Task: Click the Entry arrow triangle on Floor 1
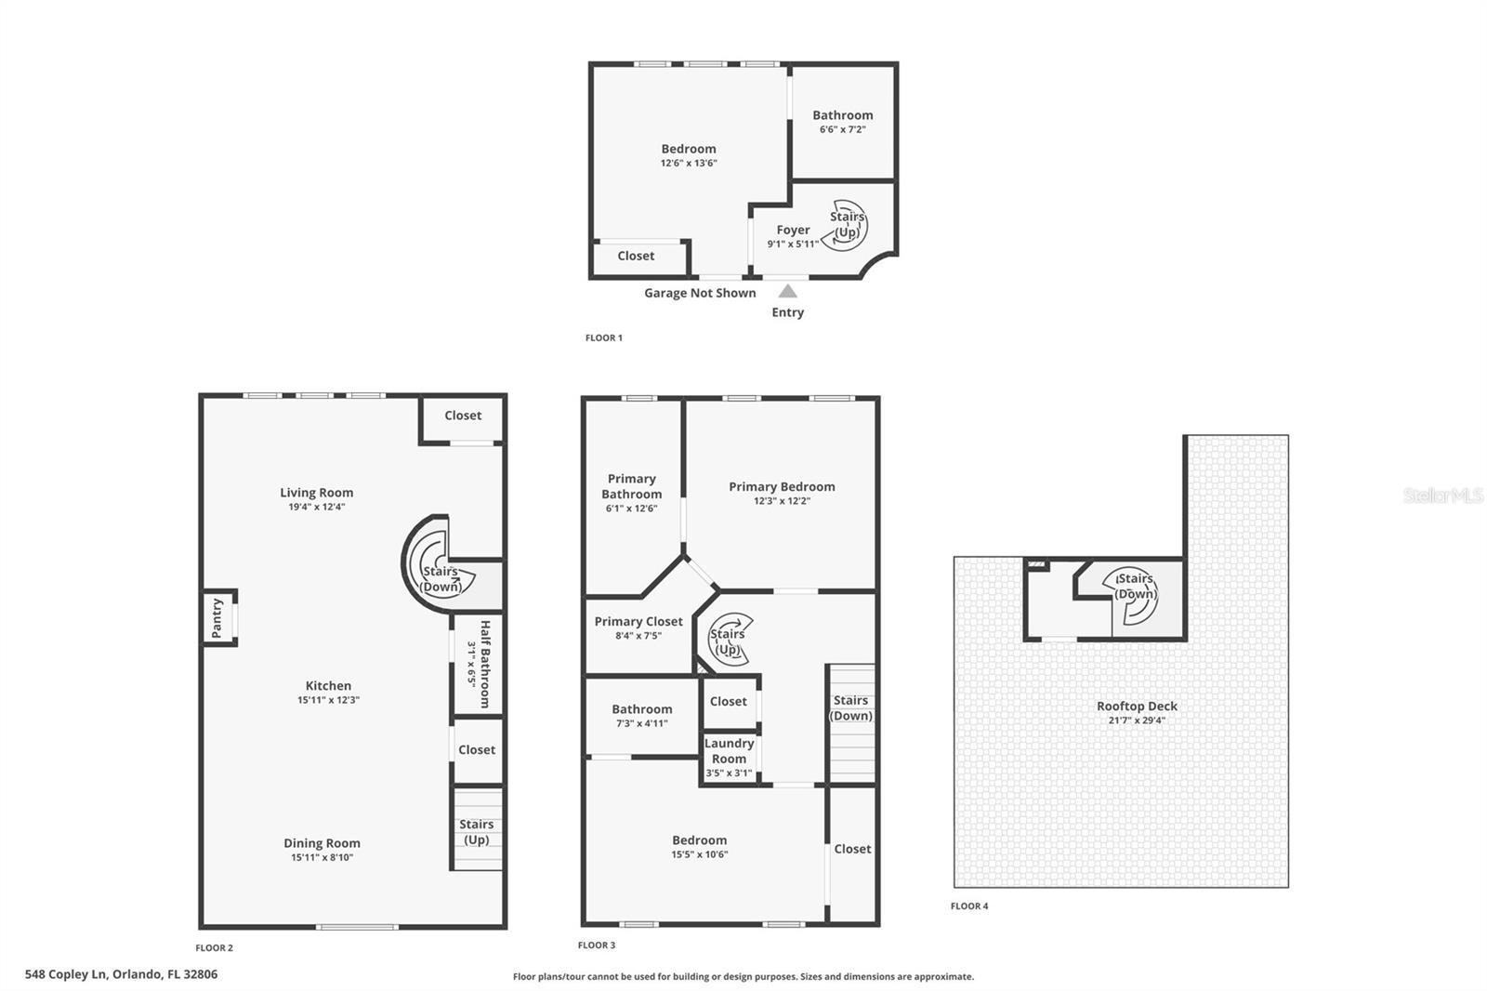(x=787, y=291)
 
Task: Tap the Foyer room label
(x=793, y=230)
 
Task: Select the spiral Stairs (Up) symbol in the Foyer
(x=847, y=225)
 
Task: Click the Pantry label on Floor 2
(x=217, y=617)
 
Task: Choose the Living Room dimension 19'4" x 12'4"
(x=316, y=507)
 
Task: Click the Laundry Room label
(x=729, y=750)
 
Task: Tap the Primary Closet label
(x=638, y=621)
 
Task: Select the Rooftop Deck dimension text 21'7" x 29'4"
(x=1136, y=720)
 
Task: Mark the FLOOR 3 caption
(x=597, y=945)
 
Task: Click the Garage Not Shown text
(x=700, y=293)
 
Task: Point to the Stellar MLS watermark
(x=1442, y=495)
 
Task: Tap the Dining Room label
(x=322, y=843)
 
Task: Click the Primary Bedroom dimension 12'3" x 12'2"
(x=782, y=500)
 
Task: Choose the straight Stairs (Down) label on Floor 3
(x=851, y=707)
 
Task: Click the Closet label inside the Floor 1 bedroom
(x=636, y=256)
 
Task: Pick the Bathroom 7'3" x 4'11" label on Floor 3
(x=641, y=708)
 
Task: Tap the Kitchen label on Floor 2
(x=328, y=685)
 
